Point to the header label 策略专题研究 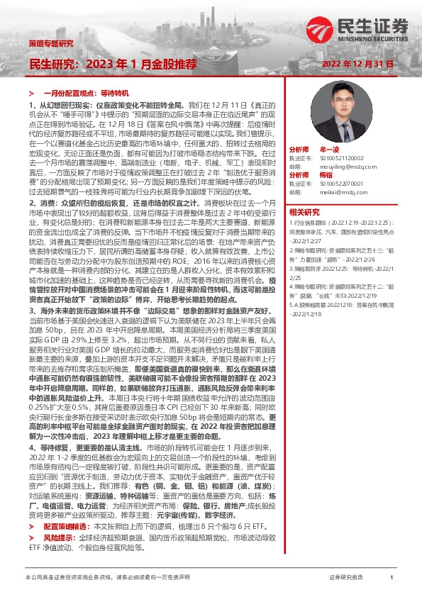click(50, 43)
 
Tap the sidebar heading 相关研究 click(304, 212)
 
